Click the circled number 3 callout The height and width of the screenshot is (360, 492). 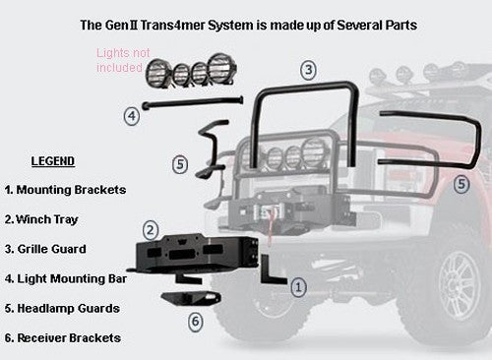pos(308,70)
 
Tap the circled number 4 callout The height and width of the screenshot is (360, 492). pos(132,116)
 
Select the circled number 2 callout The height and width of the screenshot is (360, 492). pos(151,230)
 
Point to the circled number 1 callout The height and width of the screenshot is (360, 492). pos(298,287)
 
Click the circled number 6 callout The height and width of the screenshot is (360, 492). pos(196,321)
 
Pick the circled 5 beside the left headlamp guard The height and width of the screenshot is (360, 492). pos(180,164)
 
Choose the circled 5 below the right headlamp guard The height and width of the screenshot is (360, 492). pos(461,184)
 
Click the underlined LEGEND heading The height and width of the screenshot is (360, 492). pos(53,161)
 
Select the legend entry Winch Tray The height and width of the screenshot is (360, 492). pos(41,219)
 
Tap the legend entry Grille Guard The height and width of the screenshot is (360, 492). pos(45,249)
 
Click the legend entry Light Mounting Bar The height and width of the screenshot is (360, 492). pos(66,278)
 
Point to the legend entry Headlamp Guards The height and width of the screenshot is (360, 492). pos(62,309)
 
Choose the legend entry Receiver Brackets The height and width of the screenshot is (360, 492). pos(63,338)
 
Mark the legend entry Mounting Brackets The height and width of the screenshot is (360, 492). pos(65,190)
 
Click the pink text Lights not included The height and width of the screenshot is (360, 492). pos(123,60)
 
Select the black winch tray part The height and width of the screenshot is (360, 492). pos(194,254)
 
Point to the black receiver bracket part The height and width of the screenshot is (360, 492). pos(191,298)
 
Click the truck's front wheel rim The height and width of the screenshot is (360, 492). pos(460,285)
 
